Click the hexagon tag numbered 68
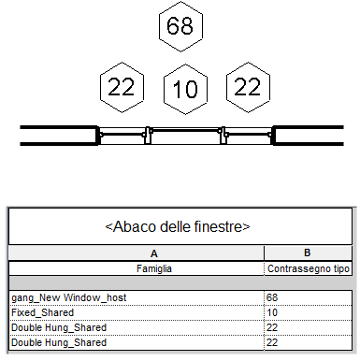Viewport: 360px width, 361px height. (x=180, y=26)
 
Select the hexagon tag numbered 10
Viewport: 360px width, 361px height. (x=185, y=89)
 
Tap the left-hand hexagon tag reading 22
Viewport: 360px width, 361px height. (x=122, y=87)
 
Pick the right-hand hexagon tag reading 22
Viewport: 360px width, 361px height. (x=248, y=87)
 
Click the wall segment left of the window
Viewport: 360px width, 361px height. (x=59, y=136)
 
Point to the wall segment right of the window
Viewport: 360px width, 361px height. (x=308, y=136)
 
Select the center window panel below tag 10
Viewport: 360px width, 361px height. (x=186, y=136)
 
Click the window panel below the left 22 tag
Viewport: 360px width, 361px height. (x=122, y=136)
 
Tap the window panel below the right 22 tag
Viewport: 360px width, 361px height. (x=249, y=136)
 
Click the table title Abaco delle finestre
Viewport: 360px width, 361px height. (x=178, y=226)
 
